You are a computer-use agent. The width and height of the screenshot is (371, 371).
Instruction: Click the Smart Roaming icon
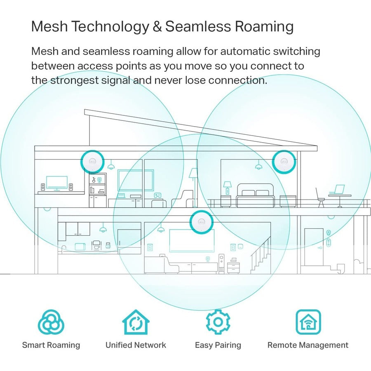click(51, 322)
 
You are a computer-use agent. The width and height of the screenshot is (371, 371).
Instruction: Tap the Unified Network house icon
click(136, 322)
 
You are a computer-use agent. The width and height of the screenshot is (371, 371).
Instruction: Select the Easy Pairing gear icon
click(218, 322)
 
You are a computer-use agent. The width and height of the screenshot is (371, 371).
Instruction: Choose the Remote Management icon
click(308, 322)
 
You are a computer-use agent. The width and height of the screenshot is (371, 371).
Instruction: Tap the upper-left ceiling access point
click(92, 161)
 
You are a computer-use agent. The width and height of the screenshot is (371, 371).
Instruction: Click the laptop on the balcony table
click(339, 190)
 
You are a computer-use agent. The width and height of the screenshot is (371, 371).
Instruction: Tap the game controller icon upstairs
click(157, 195)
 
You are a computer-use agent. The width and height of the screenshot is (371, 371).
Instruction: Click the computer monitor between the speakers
click(56, 183)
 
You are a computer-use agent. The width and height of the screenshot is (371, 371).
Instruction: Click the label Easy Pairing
click(218, 345)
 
